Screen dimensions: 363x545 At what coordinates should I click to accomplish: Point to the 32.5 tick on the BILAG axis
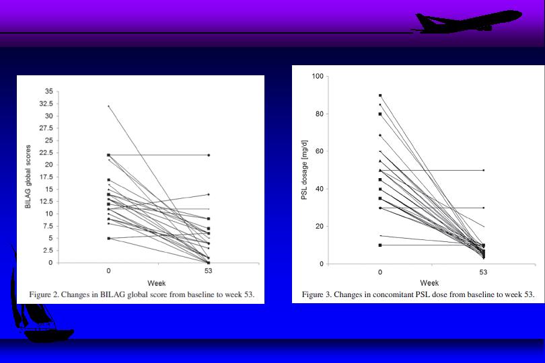click(45, 104)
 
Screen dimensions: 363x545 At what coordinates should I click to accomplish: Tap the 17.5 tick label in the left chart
click(45, 177)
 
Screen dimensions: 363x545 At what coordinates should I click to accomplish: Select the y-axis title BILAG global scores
click(28, 177)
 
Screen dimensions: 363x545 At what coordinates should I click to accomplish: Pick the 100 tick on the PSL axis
click(317, 77)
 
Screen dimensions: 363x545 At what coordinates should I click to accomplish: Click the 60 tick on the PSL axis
click(319, 152)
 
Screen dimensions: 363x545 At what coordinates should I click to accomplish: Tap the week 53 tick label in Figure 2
click(209, 271)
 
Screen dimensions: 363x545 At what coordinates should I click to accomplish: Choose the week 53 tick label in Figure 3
click(483, 272)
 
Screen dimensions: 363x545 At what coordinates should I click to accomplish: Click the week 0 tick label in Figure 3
click(380, 272)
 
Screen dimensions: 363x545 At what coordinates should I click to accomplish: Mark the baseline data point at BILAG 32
click(109, 106)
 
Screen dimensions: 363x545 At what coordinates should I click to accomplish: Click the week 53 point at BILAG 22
click(209, 155)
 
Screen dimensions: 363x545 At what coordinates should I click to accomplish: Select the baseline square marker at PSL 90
click(380, 95)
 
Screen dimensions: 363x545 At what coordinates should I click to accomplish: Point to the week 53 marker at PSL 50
click(483, 170)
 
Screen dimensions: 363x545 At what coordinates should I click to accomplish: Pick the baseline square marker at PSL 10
click(380, 245)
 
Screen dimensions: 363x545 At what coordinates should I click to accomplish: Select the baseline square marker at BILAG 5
click(109, 238)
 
